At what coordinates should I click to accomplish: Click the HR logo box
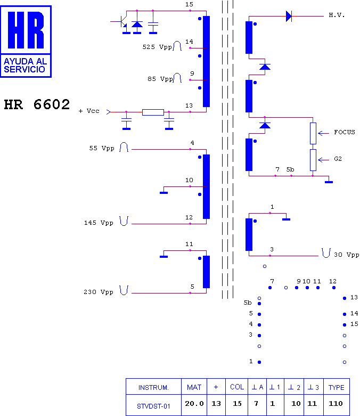26,42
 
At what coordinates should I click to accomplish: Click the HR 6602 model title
37,104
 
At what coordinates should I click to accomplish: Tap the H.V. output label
337,15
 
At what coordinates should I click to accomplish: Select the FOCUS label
345,132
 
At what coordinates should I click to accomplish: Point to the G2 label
338,159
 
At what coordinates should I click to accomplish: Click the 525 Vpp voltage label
157,47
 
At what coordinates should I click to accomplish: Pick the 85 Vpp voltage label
160,79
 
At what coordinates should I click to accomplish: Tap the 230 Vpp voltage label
99,292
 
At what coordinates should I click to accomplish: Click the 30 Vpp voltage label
347,255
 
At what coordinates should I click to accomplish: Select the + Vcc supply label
89,111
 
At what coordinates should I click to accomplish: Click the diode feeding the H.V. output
289,16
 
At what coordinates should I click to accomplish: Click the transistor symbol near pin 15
122,21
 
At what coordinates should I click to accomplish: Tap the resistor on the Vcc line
153,112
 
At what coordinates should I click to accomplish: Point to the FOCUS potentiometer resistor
313,133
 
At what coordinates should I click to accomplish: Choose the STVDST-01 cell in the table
153,406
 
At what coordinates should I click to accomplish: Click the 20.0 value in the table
194,404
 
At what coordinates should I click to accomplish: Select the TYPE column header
337,388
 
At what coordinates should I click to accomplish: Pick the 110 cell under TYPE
336,404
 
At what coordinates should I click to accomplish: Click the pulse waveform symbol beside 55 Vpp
124,147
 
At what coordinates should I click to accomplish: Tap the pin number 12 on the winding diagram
189,217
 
